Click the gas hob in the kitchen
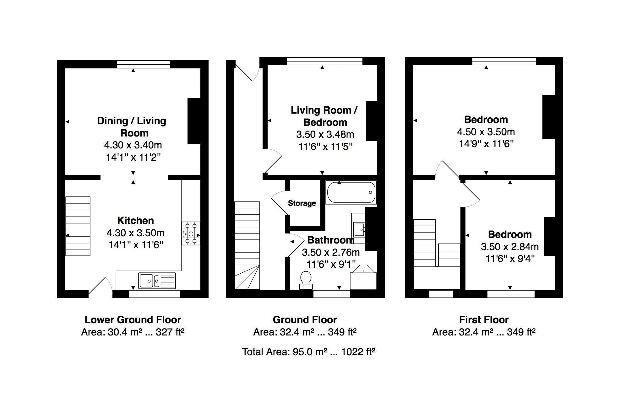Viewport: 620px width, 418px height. (x=191, y=233)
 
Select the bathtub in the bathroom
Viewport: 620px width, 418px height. (x=351, y=192)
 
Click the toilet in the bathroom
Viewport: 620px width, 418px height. (x=306, y=280)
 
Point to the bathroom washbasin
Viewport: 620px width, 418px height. (x=359, y=229)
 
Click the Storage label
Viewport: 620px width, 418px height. (x=302, y=203)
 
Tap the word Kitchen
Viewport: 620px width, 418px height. (x=136, y=221)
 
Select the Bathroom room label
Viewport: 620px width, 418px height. (x=331, y=240)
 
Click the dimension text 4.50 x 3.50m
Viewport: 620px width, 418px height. (x=486, y=132)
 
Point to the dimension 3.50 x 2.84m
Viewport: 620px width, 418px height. (x=510, y=247)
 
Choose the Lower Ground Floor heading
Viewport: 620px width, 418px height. (x=133, y=320)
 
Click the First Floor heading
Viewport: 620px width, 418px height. (x=484, y=320)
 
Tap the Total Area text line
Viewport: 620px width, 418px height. (x=308, y=352)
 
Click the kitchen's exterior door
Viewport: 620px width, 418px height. (x=101, y=286)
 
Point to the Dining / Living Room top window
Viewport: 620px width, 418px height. (x=144, y=64)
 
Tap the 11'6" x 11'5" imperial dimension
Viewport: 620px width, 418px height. (x=325, y=147)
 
